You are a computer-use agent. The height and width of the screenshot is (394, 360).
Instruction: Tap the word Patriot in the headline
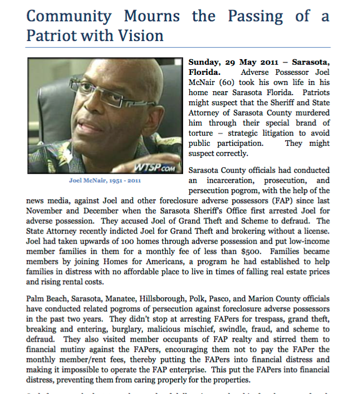coord(50,36)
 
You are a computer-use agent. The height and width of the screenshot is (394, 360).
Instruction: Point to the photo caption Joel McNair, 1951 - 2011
coord(105,181)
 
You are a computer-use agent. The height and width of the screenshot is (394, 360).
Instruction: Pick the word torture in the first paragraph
coord(200,133)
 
